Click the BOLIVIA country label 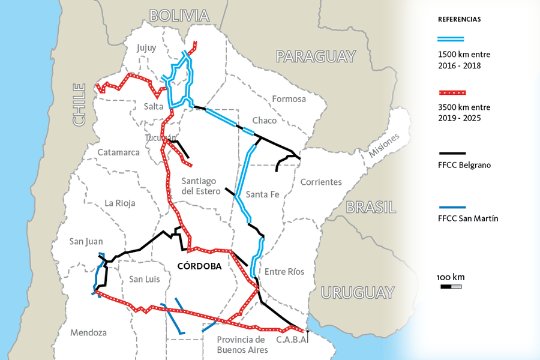179,16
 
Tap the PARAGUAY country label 316,56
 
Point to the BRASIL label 371,208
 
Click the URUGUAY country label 358,293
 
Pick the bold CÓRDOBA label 199,266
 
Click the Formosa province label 289,98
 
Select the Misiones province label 384,145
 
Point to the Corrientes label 321,182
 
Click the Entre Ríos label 284,271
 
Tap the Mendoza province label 88,332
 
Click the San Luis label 145,279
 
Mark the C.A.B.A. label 292,340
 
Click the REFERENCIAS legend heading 459,19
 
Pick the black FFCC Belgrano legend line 451,152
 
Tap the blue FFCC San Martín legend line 451,206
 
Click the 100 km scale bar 451,287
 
